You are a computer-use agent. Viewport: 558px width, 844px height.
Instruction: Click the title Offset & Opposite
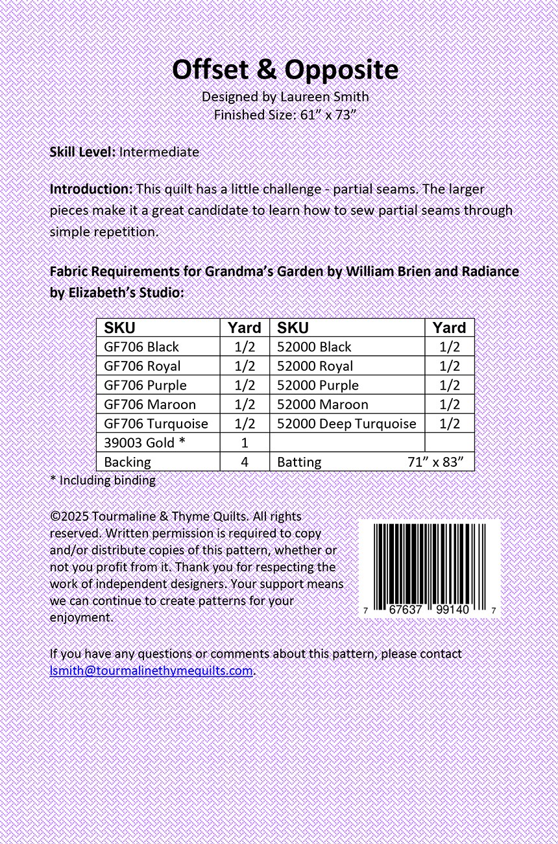tap(285, 70)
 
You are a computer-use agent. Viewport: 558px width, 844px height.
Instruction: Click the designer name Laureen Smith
tap(324, 97)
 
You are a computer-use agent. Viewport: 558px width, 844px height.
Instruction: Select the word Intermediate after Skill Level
tap(159, 152)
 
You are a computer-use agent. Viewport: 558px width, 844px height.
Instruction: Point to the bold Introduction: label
tap(91, 190)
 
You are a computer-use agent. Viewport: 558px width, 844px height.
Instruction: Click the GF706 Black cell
tap(141, 347)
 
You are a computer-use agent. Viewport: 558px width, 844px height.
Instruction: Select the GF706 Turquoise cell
tap(156, 423)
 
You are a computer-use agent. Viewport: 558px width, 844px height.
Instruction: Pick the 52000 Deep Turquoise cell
tap(346, 423)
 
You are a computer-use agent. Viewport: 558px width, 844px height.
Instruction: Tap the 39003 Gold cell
tap(139, 443)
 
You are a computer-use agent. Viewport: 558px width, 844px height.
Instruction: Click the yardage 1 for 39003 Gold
tap(245, 443)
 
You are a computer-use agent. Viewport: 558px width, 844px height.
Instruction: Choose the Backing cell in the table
tap(127, 462)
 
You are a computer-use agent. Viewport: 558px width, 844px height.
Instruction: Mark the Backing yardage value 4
tap(245, 462)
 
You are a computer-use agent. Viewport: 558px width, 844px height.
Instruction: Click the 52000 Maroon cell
tap(322, 404)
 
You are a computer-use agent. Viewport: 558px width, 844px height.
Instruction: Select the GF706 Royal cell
tap(142, 366)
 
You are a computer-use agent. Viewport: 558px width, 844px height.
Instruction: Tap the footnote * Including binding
tap(103, 480)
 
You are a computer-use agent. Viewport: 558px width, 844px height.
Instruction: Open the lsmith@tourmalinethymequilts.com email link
tap(151, 671)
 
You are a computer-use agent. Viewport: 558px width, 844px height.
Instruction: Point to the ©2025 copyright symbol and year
tap(69, 517)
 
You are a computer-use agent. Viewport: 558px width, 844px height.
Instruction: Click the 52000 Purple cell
tap(318, 385)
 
